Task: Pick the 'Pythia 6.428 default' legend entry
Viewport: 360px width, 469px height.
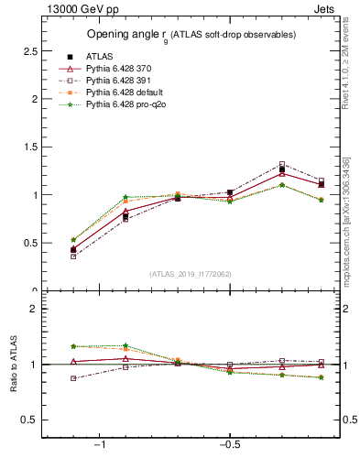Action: [x=125, y=93]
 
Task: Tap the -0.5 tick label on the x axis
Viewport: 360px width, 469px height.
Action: [x=229, y=444]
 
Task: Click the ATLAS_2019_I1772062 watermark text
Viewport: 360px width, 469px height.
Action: [x=190, y=274]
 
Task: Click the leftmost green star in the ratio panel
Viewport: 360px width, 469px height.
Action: [x=73, y=346]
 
